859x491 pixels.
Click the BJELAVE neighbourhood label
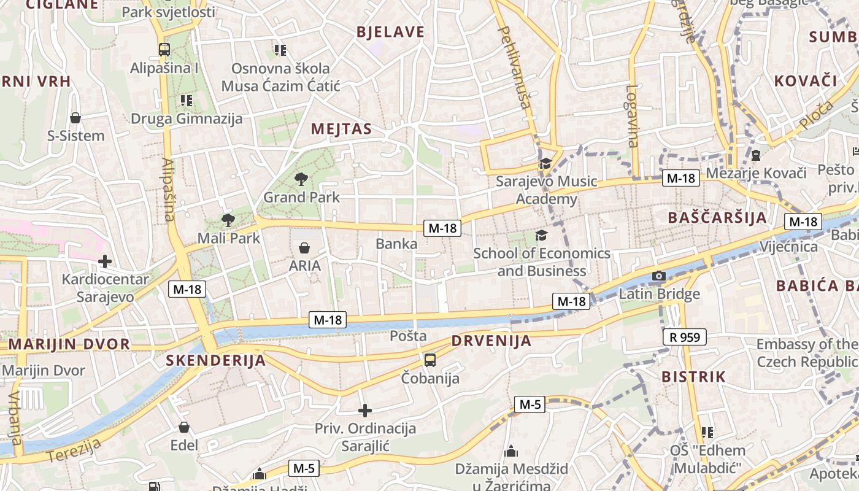point(390,33)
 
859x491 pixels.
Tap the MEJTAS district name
point(341,129)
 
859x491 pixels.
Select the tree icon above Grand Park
point(301,179)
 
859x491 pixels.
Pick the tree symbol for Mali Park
point(228,220)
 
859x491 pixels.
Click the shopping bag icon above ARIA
point(304,248)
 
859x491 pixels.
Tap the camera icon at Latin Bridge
point(659,276)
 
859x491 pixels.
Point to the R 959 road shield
point(685,336)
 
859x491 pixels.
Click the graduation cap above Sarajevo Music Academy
point(545,163)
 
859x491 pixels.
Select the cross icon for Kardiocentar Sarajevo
point(105,261)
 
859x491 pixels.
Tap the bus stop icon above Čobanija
point(430,360)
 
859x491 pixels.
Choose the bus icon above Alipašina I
point(164,50)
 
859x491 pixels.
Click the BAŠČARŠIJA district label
point(717,217)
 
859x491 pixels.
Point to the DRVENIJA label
point(491,341)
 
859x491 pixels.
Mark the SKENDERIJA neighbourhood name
point(216,361)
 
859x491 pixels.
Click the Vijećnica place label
point(788,247)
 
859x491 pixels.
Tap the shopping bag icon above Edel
point(184,427)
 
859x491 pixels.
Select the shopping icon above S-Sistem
point(75,117)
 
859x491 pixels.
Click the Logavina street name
point(632,115)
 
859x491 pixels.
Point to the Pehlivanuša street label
point(515,67)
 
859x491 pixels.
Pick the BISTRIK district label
point(693,377)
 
